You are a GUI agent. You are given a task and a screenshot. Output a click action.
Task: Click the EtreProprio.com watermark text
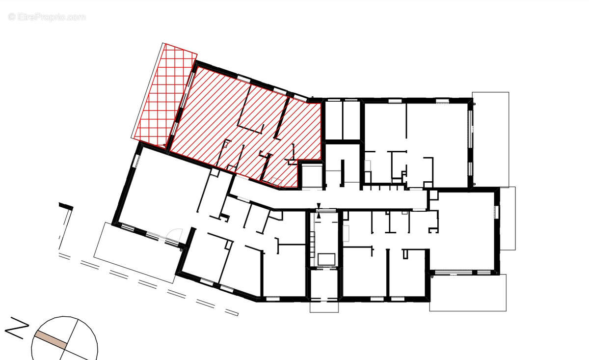point(47,17)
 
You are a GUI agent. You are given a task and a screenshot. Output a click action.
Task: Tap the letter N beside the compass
point(16,329)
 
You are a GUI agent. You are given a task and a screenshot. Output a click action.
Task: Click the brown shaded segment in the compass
point(50,339)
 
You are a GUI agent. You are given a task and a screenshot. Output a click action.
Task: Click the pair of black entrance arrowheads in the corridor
point(319,210)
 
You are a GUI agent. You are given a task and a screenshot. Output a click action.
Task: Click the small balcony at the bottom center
point(324,305)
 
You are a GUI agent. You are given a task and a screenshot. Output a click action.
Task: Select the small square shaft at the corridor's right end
point(433,195)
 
